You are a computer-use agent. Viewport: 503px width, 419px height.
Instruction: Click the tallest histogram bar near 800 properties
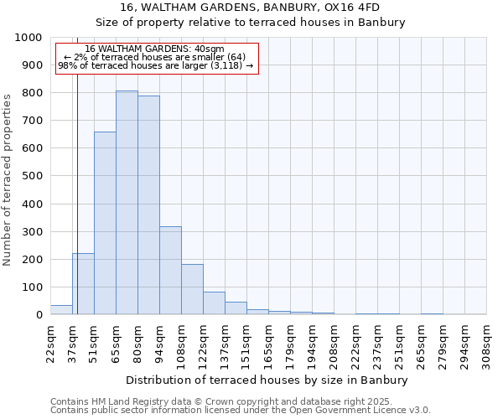coord(127,202)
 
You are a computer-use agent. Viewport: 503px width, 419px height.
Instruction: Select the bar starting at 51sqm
coord(105,223)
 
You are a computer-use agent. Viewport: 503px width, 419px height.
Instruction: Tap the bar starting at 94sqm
coord(170,270)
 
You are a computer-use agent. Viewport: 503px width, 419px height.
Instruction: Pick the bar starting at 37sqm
coord(83,283)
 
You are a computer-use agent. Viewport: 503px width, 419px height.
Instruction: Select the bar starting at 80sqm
coord(148,205)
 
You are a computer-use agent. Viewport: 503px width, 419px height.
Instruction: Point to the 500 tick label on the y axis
coord(32,176)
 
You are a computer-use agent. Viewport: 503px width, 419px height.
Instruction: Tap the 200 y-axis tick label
coord(32,260)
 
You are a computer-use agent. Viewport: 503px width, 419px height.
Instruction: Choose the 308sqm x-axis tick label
coord(486,343)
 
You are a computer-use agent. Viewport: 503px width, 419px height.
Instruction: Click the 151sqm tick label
coord(246,343)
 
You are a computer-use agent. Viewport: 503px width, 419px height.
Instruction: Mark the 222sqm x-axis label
coord(355,343)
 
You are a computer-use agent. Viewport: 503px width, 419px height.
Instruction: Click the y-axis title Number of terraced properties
coord(8,179)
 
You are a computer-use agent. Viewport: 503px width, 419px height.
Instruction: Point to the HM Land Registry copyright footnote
coord(226,401)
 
